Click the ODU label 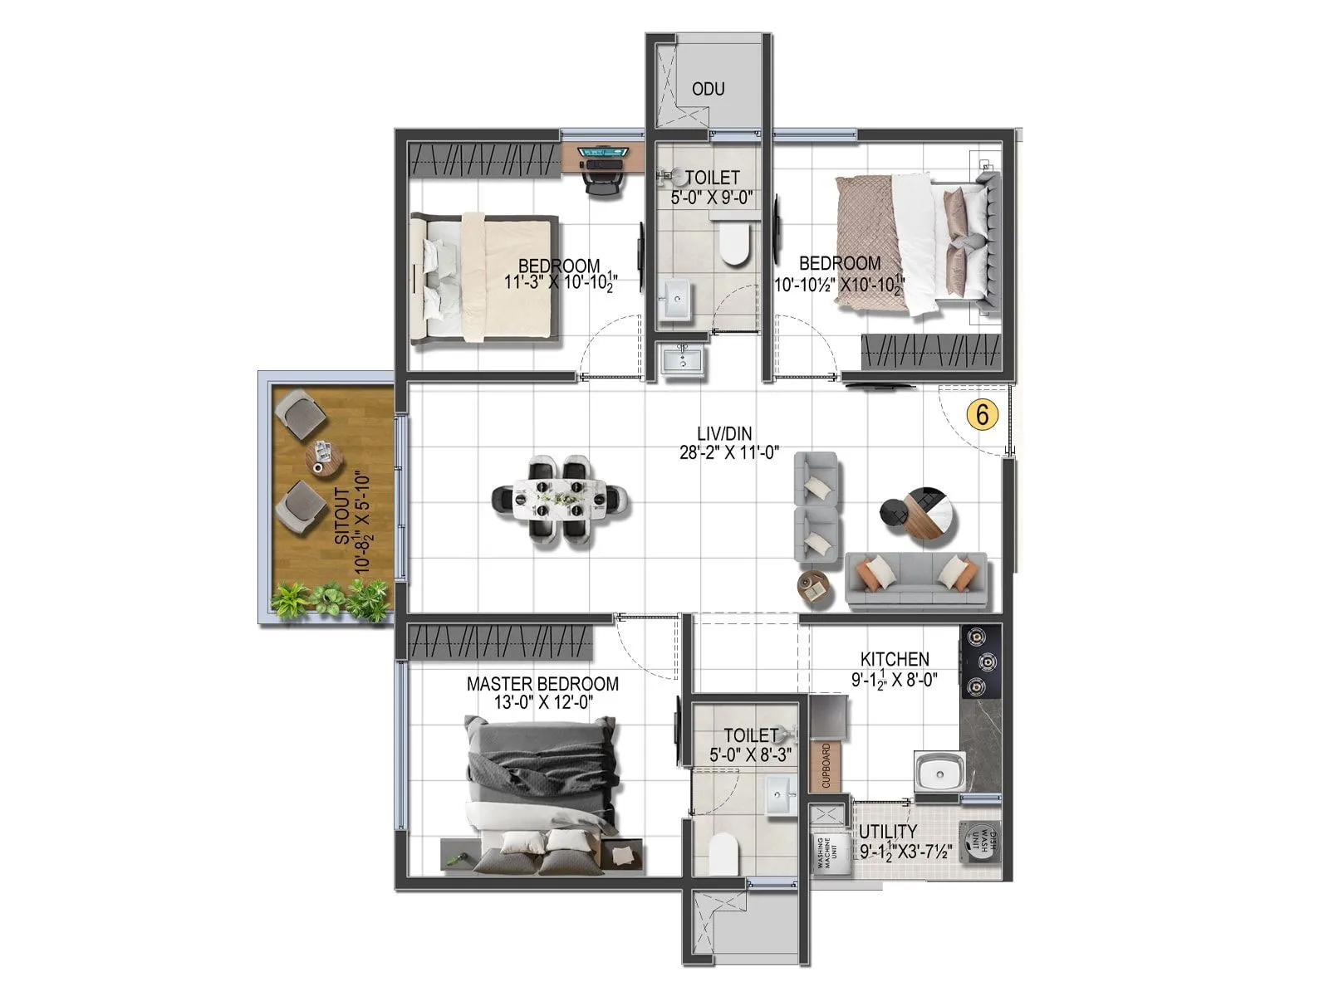coord(708,89)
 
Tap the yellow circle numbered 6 coord(982,413)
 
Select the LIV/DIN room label coord(724,433)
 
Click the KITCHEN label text coord(895,659)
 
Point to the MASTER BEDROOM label coord(542,684)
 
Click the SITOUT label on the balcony coord(341,515)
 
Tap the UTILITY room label coord(888,832)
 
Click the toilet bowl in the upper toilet coord(733,243)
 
